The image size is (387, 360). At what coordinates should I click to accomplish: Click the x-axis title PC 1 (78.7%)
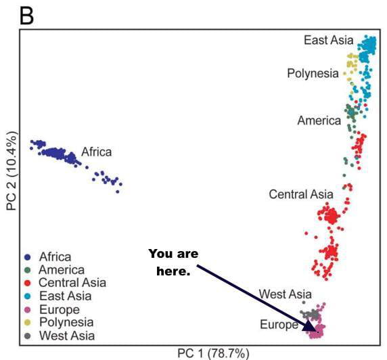coord(213,353)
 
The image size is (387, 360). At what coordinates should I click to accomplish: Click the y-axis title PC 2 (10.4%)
coord(12,174)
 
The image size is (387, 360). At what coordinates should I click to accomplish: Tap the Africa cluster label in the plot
coord(96,152)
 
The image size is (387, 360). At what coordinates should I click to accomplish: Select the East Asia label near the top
coord(328,41)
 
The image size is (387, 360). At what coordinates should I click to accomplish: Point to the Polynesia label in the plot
coord(313,73)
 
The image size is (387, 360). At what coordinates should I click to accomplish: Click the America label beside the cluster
coord(319,120)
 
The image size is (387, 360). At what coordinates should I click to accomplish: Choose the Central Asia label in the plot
coord(301,194)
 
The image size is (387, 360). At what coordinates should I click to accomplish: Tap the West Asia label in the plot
coord(286,294)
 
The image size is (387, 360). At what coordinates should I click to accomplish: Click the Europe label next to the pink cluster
coord(279,325)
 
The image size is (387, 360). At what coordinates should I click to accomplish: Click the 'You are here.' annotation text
coord(173,262)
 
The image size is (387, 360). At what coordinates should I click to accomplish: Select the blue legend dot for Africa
coord(28,257)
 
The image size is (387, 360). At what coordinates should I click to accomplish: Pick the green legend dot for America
coord(28,270)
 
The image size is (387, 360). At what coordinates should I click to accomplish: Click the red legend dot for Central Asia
coord(28,283)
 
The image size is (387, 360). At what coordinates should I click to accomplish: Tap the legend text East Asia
coord(64,296)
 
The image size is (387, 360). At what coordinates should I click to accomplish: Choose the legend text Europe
coord(60,309)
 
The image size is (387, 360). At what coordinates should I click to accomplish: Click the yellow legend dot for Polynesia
coord(28,322)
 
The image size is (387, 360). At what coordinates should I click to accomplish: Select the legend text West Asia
coord(66,335)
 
